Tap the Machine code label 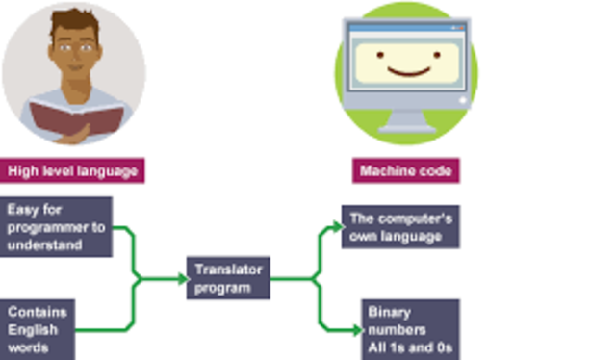(404, 172)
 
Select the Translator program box (228, 279)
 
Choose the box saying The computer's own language (399, 226)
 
